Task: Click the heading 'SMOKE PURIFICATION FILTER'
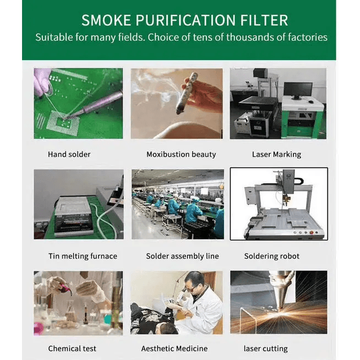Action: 184,20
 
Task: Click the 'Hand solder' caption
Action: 69,154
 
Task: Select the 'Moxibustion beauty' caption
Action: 181,154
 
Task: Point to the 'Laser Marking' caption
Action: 276,155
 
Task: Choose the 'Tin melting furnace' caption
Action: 83,256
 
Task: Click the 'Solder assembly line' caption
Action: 182,256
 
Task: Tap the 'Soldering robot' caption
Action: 271,256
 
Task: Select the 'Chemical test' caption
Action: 72,348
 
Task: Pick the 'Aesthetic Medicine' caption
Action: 174,348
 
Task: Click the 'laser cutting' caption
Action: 266,349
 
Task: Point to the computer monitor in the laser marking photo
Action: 298,91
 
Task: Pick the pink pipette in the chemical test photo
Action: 66,288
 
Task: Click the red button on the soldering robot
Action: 312,233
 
